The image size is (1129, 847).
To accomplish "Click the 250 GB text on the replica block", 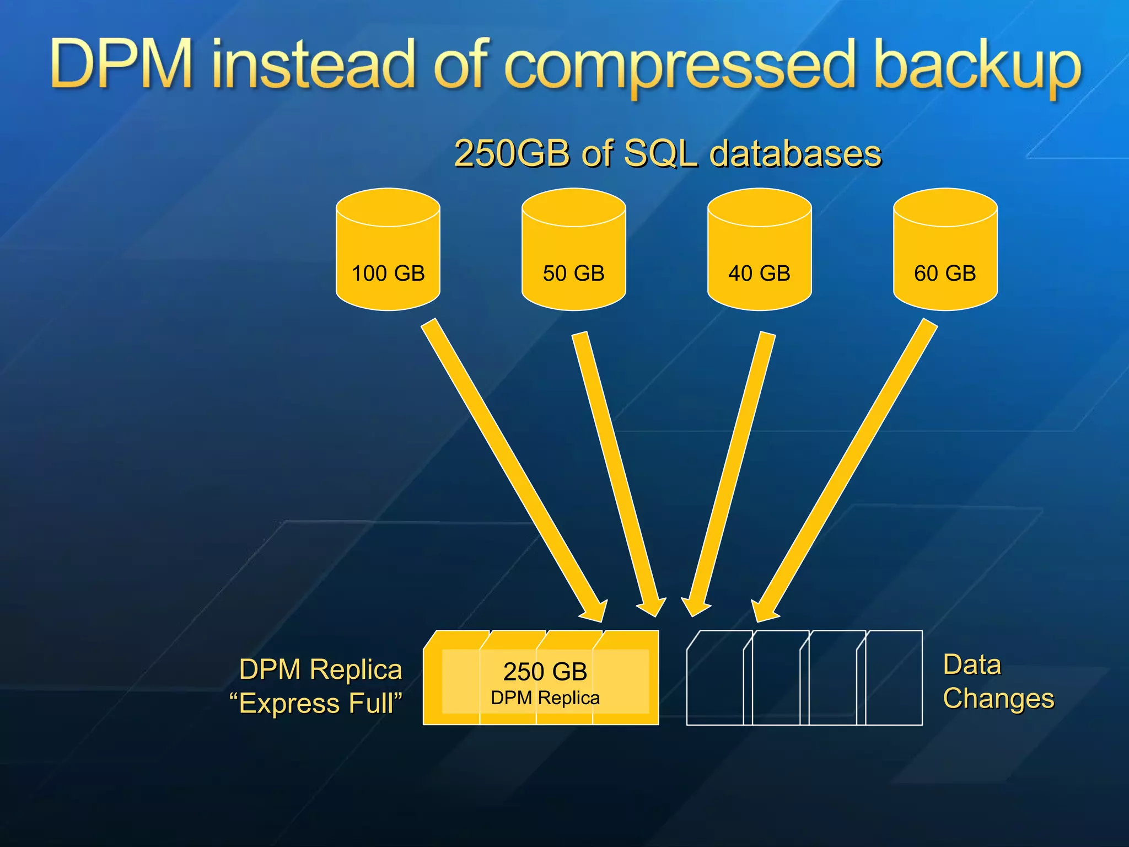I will [x=545, y=672].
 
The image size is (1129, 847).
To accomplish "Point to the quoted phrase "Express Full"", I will [x=316, y=704].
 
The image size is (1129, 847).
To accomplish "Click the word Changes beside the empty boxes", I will [x=998, y=699].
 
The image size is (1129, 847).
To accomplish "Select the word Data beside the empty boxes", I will [x=972, y=664].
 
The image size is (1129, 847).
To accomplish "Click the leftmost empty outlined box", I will [x=715, y=678].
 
